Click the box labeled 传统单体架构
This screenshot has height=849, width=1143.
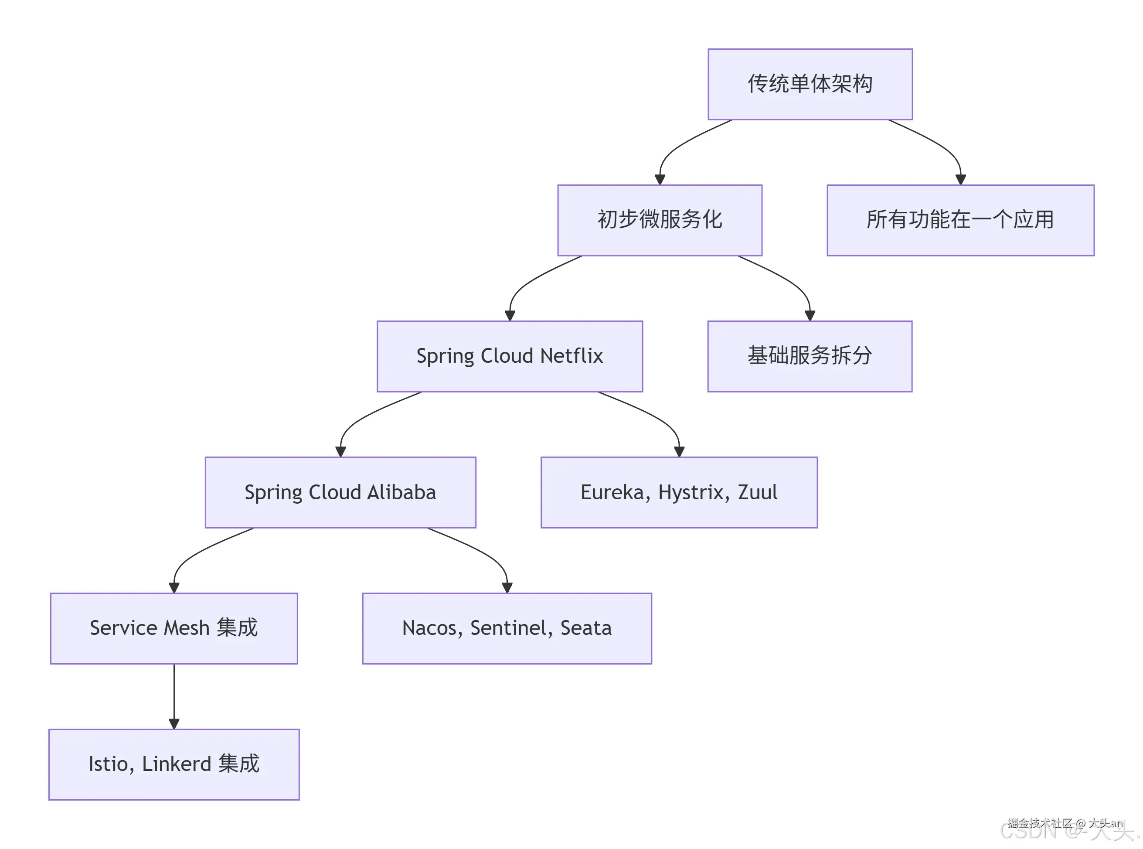pyautogui.click(x=810, y=84)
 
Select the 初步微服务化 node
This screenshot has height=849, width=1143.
pyautogui.click(x=659, y=220)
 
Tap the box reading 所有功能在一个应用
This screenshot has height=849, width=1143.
pyautogui.click(x=959, y=220)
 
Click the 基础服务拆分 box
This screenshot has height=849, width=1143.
pyautogui.click(x=809, y=356)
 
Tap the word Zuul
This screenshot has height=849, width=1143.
pyautogui.click(x=757, y=492)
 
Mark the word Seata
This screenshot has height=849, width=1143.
pyautogui.click(x=585, y=628)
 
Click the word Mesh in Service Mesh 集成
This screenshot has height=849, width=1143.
pyautogui.click(x=186, y=628)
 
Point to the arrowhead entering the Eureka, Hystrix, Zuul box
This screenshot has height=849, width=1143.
pyautogui.click(x=679, y=452)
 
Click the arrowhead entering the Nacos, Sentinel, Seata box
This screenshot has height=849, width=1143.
pyautogui.click(x=507, y=587)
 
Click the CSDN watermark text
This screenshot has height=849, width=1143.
pyautogui.click(x=1027, y=831)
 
